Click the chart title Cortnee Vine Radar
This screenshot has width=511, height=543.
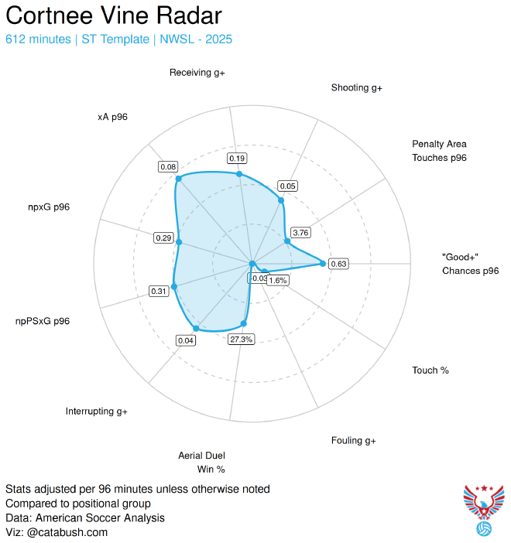pyautogui.click(x=114, y=16)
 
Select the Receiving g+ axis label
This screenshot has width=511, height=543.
pyautogui.click(x=198, y=73)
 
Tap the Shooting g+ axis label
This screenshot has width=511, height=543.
pyautogui.click(x=357, y=88)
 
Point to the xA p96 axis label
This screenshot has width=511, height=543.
pyautogui.click(x=113, y=117)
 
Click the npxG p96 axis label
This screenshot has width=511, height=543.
pyautogui.click(x=49, y=207)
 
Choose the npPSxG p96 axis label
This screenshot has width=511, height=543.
pyautogui.click(x=43, y=321)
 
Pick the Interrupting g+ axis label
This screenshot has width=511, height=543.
pyautogui.click(x=97, y=411)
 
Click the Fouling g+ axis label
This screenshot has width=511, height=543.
pyautogui.click(x=353, y=440)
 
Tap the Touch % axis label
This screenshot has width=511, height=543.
pyautogui.click(x=430, y=371)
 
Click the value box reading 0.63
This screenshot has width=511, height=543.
pyautogui.click(x=339, y=264)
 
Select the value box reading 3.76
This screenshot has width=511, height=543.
pyautogui.click(x=300, y=232)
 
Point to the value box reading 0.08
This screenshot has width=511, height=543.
pyautogui.click(x=168, y=167)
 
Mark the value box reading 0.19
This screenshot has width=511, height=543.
pyautogui.click(x=238, y=159)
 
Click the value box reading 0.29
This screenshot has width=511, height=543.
pyautogui.click(x=163, y=237)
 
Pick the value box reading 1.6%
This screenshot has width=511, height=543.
pyautogui.click(x=277, y=281)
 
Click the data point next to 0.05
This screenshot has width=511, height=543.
pyautogui.click(x=281, y=200)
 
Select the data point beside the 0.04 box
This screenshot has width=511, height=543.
pyautogui.click(x=196, y=329)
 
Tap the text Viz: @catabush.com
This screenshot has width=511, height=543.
pyautogui.click(x=57, y=532)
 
